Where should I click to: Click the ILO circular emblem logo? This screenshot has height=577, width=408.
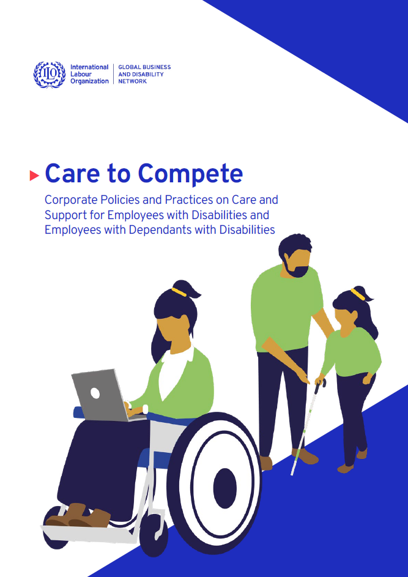49,74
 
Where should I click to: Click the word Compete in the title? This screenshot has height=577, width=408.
190,174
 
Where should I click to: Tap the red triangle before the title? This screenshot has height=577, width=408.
34,176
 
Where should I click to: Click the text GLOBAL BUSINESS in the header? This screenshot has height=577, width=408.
144,67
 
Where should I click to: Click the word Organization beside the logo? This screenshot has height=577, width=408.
89,81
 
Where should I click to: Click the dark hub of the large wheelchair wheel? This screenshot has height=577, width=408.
224,487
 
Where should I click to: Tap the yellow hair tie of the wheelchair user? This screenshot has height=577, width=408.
179,292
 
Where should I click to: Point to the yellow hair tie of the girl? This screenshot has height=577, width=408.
358,295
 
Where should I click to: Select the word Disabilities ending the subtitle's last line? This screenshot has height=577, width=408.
245,230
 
